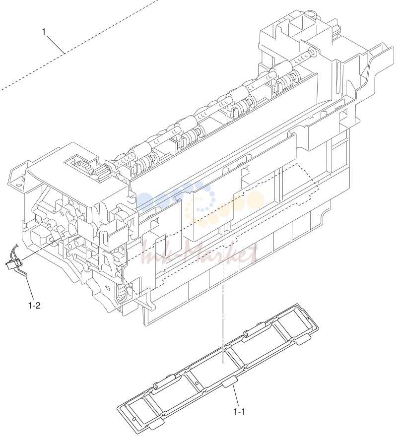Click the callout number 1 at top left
(x=44, y=32)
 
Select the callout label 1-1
(x=239, y=411)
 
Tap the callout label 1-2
(x=34, y=306)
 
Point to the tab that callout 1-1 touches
(x=229, y=382)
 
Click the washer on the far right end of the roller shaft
(x=312, y=52)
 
